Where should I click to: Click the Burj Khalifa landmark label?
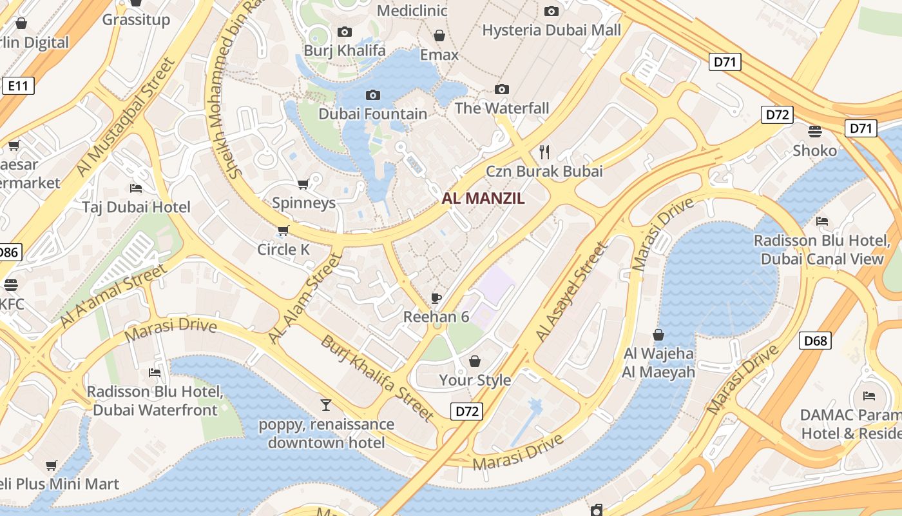point(345,50)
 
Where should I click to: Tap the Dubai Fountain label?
point(372,114)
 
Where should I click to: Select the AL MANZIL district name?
point(483,199)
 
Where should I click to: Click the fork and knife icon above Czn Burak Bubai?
point(544,152)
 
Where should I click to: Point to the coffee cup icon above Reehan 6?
point(436,297)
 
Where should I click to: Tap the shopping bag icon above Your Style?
point(475,361)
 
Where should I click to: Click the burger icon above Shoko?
point(815,132)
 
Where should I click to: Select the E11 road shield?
point(17,86)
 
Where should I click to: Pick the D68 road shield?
point(815,341)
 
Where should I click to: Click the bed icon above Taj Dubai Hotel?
point(136,188)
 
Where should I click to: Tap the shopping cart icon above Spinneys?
point(303,184)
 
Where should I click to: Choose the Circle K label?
point(283,250)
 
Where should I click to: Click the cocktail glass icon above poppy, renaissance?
point(326,405)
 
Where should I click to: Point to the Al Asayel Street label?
point(571,292)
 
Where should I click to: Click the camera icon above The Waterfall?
point(502,89)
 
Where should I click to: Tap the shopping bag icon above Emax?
point(439,35)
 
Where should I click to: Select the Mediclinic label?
point(412,10)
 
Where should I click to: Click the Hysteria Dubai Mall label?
point(552,30)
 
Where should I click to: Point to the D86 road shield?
point(9,252)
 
